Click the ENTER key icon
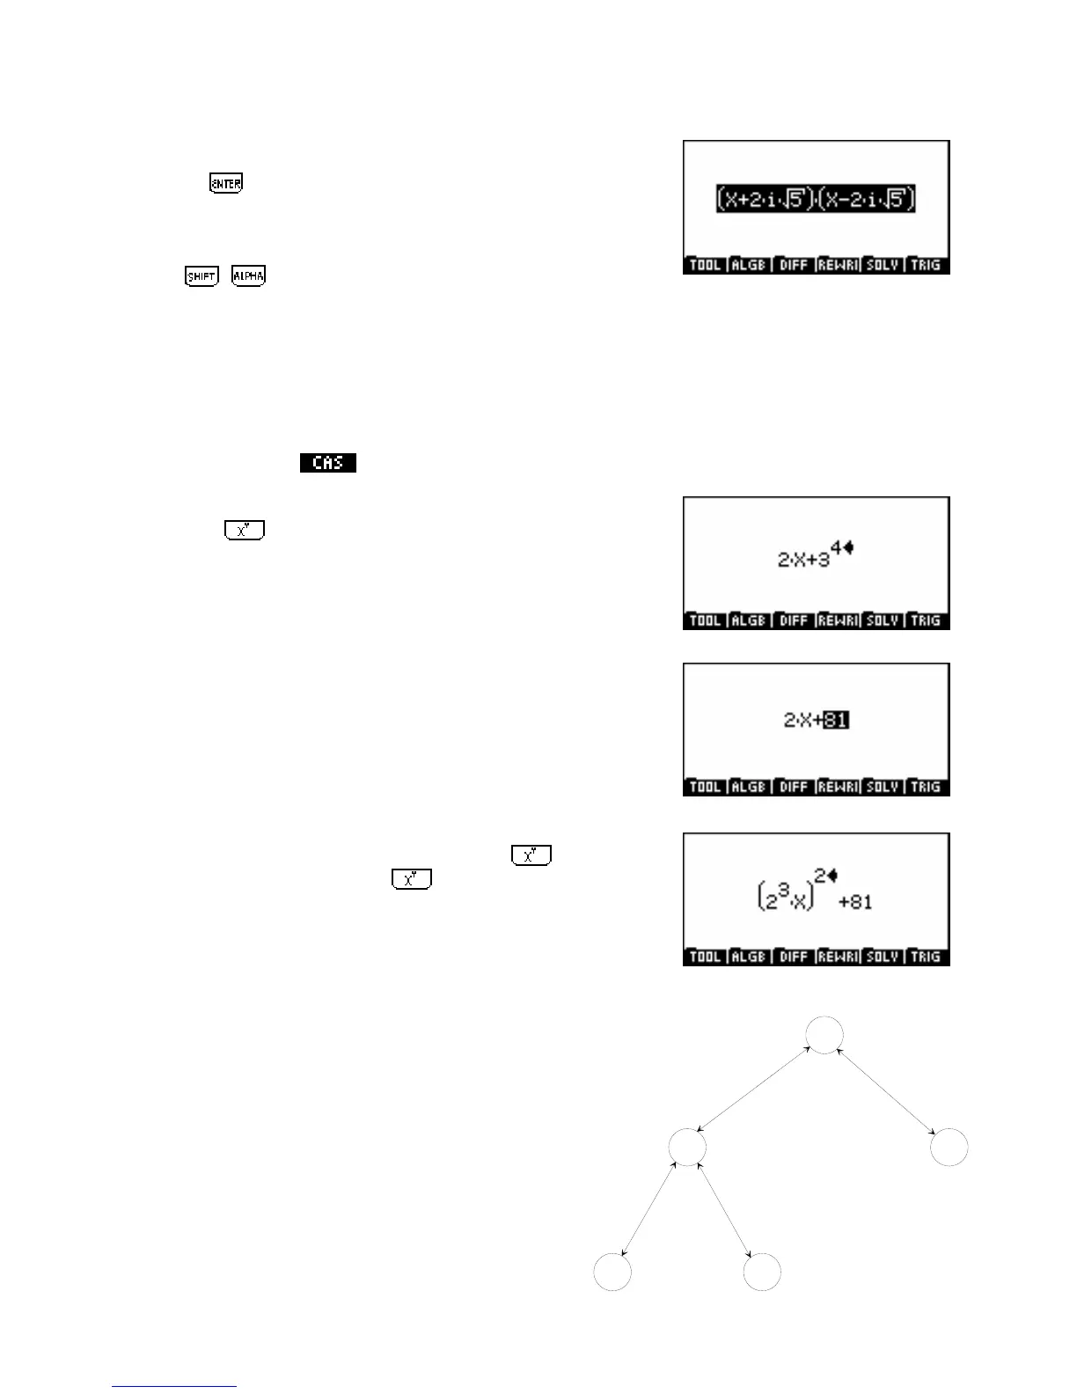tap(225, 184)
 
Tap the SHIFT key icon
tap(201, 276)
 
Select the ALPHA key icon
tap(248, 276)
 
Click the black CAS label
tap(327, 463)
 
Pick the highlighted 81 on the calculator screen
tap(836, 721)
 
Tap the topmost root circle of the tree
tap(824, 1035)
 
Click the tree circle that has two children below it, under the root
tap(687, 1148)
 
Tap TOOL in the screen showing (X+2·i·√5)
tap(706, 265)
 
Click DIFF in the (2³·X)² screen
tap(794, 957)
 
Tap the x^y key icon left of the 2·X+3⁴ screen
tap(245, 531)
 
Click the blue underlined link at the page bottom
tap(174, 1386)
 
